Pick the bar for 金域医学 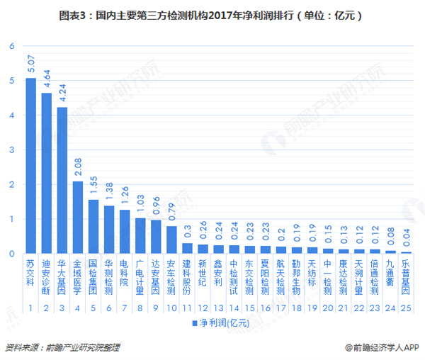pos(77,217)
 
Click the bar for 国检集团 pos(93,226)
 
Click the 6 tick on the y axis pos(11,46)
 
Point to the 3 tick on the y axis pos(11,150)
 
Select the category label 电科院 pos(124,271)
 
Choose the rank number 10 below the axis pos(171,309)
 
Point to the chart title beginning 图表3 pos(212,13)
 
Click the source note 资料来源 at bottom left pos(62,348)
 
